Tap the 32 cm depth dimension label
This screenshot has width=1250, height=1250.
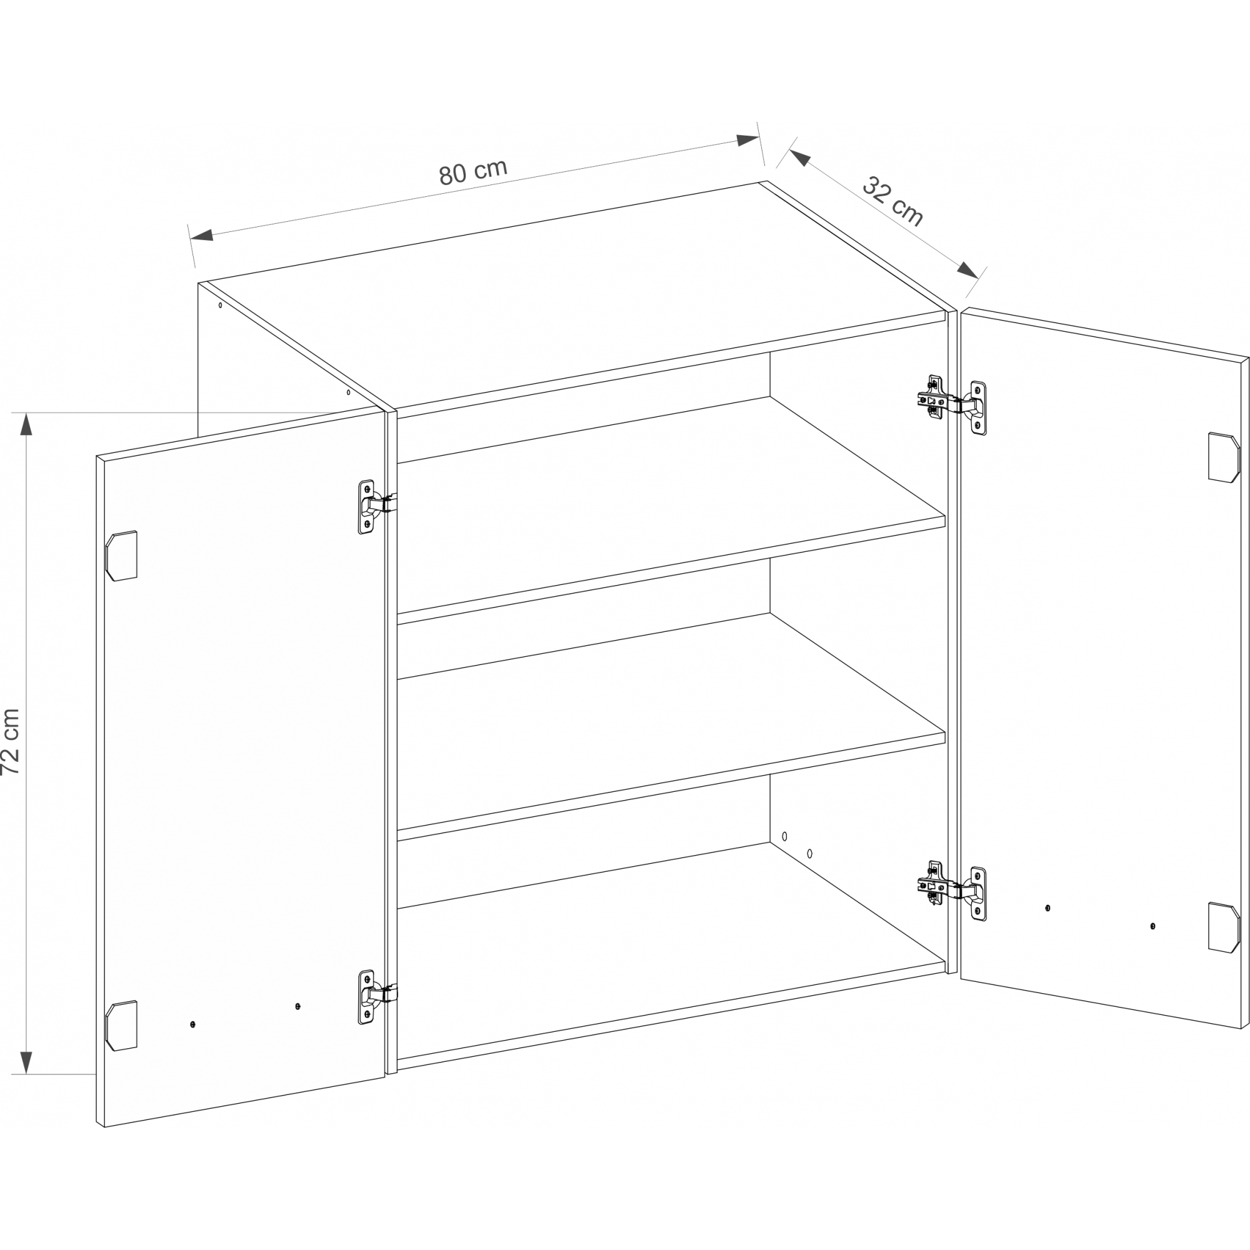pos(893,201)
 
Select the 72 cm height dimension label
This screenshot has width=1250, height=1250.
pos(11,741)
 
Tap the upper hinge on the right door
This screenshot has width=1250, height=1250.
pos(952,405)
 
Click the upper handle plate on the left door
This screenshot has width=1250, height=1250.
pos(122,556)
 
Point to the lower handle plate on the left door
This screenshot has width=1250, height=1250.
pos(122,1026)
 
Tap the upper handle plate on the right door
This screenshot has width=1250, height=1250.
pos(1224,457)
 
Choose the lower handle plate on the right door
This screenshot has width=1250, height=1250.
pos(1224,927)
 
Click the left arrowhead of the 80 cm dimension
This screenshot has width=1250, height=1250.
pos(201,235)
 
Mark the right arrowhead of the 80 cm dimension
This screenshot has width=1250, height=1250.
pos(748,141)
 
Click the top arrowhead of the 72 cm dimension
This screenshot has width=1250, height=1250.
pos(26,424)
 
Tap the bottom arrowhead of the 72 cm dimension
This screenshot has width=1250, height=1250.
pos(26,1062)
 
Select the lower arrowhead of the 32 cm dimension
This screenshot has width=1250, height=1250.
pos(968,270)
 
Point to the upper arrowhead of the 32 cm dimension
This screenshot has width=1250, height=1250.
pos(800,158)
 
